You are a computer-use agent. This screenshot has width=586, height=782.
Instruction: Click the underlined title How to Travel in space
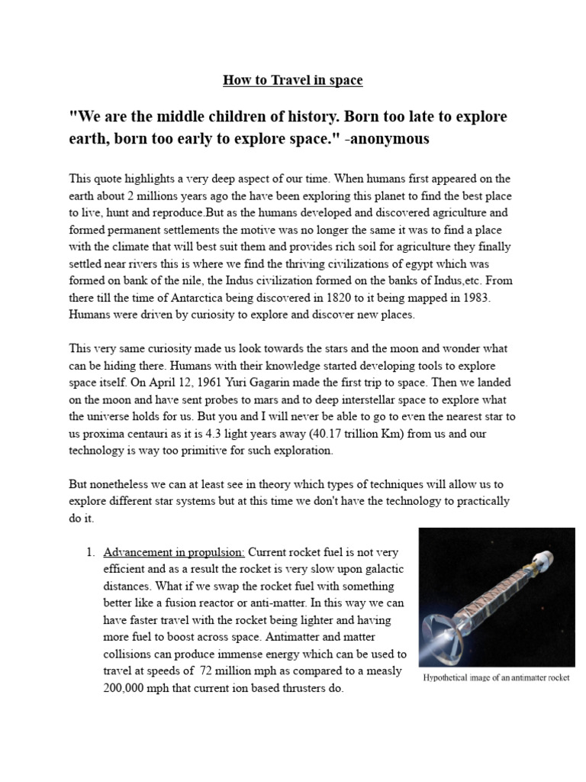[292, 80]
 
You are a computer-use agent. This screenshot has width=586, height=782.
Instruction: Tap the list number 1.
[89, 551]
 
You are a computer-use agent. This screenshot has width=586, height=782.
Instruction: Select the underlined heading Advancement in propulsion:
[174, 551]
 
